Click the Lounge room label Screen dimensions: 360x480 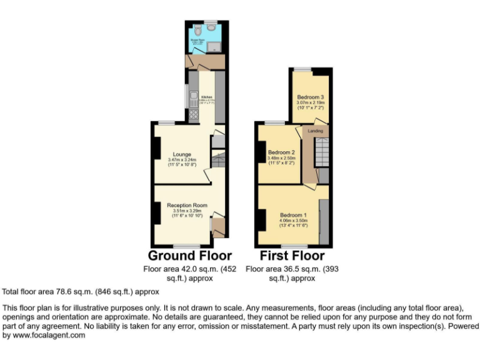(x=182, y=154)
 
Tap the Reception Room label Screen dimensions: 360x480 (x=186, y=205)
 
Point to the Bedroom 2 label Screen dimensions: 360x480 (x=281, y=152)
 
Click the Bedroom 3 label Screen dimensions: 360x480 (x=310, y=97)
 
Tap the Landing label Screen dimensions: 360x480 (x=316, y=131)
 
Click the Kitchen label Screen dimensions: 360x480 (x=207, y=97)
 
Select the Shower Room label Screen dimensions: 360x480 (x=197, y=38)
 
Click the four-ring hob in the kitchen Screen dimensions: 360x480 (x=193, y=114)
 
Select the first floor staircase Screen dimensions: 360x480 (x=320, y=153)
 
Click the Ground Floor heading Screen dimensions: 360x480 (x=189, y=256)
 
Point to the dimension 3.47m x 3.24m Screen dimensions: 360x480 (x=182, y=160)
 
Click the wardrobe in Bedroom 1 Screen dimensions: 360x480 (x=324, y=222)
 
